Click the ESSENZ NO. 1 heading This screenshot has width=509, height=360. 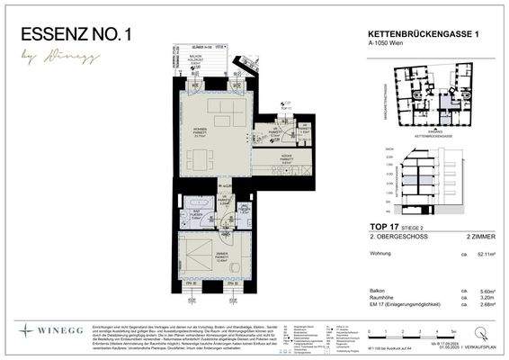tap(80, 35)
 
